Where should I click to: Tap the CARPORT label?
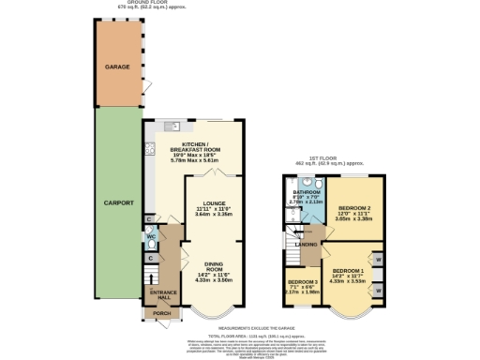click(117, 202)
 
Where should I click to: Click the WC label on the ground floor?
click(150, 237)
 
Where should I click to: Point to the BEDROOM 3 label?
click(303, 282)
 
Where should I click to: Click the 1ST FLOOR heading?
click(330, 159)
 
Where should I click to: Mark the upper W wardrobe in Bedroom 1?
click(379, 258)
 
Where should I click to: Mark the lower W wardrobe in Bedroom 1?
click(379, 292)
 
